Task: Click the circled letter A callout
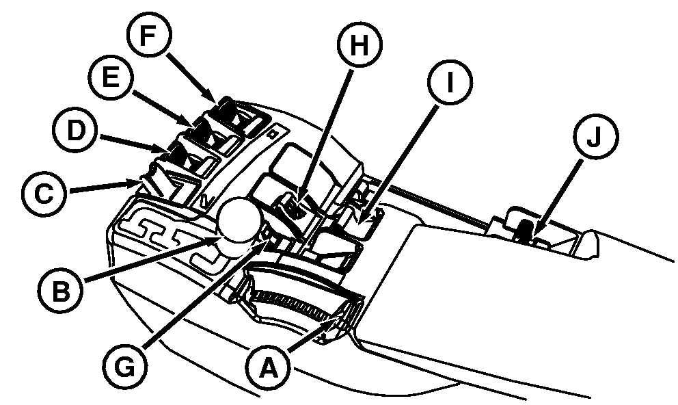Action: [x=269, y=367]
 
